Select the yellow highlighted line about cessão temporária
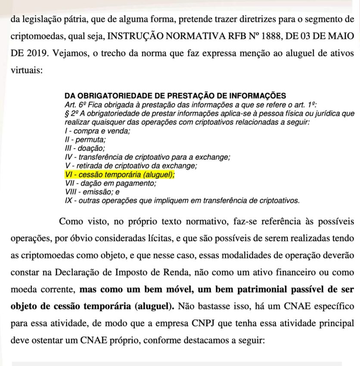[120, 175]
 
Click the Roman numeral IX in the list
[68, 201]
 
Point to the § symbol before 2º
[66, 113]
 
